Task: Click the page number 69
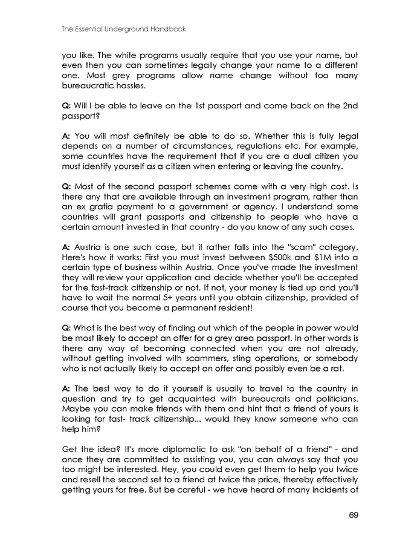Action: point(354,516)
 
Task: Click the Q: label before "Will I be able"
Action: point(66,106)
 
